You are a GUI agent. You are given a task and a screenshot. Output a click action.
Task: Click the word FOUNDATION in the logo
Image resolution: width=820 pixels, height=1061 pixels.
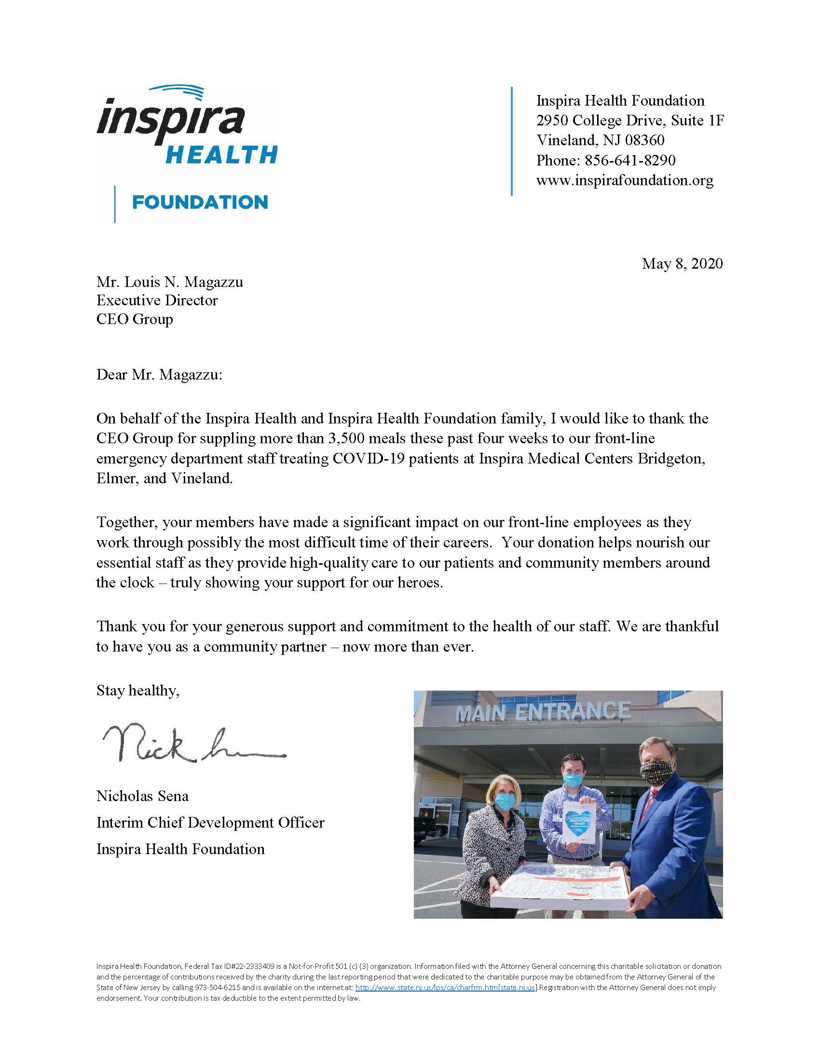[200, 202]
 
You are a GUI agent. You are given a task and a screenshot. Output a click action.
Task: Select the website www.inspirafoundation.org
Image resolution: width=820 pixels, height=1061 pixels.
[625, 180]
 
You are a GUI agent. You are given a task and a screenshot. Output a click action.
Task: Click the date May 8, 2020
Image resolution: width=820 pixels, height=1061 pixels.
[682, 263]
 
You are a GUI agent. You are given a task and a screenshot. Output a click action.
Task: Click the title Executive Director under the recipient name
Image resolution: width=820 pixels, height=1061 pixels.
[157, 300]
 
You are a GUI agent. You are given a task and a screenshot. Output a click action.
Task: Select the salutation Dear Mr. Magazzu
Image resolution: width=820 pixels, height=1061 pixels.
[159, 375]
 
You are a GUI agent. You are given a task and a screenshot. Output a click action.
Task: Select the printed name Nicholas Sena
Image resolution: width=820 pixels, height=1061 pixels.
[142, 796]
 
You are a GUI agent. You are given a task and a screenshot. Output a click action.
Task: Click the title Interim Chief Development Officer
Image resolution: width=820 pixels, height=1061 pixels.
[210, 822]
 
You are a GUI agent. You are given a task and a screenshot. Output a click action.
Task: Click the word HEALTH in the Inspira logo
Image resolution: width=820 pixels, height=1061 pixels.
[221, 155]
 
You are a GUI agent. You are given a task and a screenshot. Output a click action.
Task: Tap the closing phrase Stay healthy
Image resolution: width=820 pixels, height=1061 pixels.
[137, 690]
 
